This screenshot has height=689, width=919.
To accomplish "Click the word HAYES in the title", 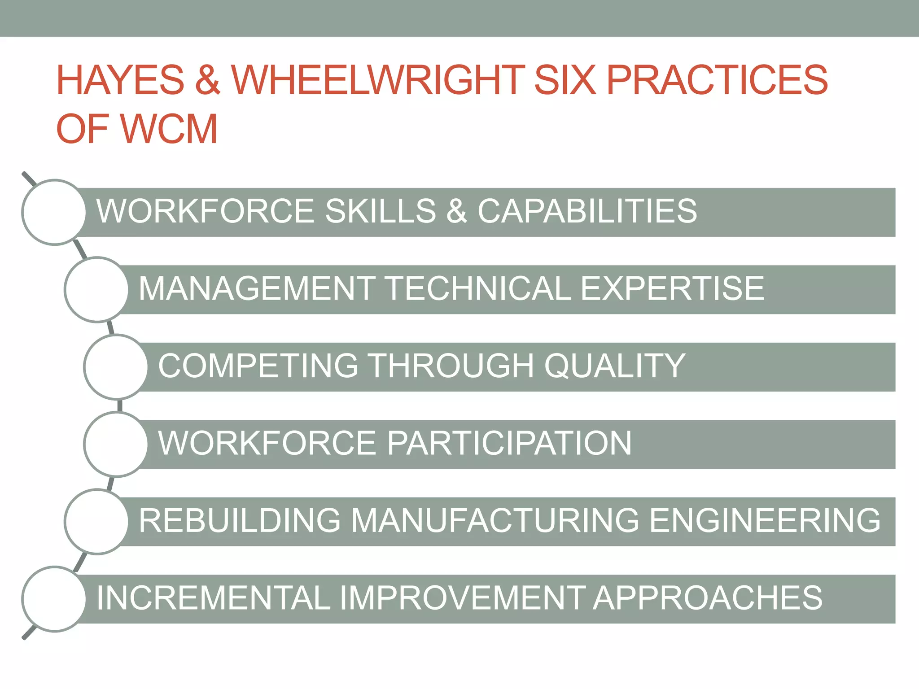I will [120, 80].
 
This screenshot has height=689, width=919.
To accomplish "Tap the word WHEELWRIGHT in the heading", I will [378, 80].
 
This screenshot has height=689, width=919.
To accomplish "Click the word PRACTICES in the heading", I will [717, 80].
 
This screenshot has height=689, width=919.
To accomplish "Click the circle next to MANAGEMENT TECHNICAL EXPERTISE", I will [97, 289].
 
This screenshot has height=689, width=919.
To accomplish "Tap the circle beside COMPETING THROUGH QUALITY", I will [116, 367].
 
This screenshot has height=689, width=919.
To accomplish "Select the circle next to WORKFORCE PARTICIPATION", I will [116, 444].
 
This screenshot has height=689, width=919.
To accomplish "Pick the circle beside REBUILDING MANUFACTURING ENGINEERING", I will [97, 522].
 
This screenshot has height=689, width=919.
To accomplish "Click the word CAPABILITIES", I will [587, 211].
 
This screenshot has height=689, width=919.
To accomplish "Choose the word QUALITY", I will [615, 366].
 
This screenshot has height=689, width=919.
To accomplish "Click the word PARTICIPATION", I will [509, 443].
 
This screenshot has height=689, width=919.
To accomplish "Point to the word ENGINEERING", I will [765, 521].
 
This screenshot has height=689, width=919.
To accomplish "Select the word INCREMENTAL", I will [214, 598].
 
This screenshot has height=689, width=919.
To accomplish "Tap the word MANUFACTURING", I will [495, 521].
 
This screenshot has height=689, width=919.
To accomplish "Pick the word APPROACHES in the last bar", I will [708, 598].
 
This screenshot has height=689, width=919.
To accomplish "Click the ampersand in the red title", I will [208, 80].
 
